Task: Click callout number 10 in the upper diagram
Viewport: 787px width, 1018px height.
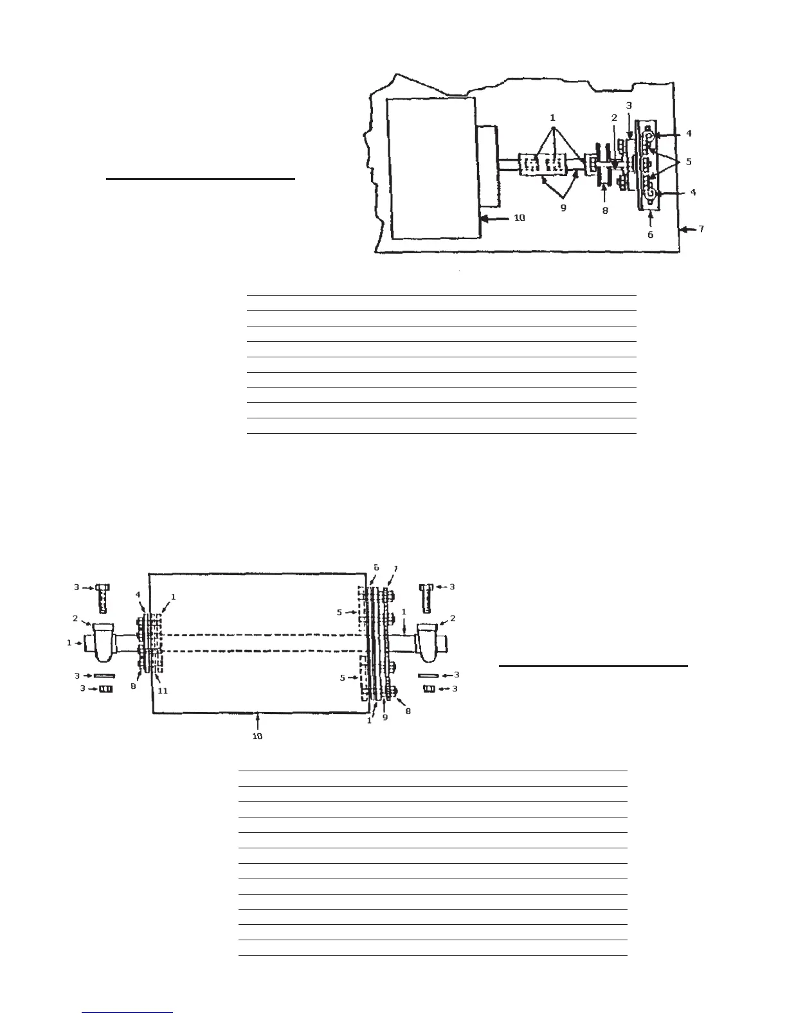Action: (519, 218)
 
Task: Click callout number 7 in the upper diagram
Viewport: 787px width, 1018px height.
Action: (701, 228)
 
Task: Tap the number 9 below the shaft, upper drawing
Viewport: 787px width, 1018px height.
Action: (563, 208)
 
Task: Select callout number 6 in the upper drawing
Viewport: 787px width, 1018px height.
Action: (650, 235)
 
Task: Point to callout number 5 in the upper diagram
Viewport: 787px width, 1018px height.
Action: (689, 161)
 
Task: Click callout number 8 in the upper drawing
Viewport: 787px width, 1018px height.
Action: (605, 210)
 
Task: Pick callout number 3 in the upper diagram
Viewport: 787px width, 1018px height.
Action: (629, 105)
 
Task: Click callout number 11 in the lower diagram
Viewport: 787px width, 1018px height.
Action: (163, 690)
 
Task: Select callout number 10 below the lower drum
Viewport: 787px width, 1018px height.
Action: (257, 737)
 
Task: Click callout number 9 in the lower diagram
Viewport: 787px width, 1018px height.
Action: (385, 717)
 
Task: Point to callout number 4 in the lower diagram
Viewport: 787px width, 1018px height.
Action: (138, 594)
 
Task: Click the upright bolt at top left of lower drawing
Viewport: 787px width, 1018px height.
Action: (102, 598)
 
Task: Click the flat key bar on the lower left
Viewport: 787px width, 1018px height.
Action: (104, 675)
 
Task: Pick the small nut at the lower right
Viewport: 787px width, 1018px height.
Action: (430, 689)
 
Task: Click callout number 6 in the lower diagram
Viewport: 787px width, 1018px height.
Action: (377, 568)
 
